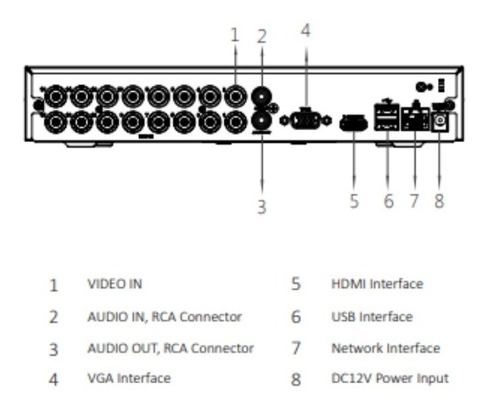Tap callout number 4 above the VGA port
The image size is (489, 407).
click(x=305, y=30)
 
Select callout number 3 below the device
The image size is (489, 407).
click(x=261, y=207)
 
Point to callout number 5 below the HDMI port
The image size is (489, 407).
click(x=354, y=200)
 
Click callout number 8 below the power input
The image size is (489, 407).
click(x=439, y=200)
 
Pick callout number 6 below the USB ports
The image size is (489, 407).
click(x=388, y=200)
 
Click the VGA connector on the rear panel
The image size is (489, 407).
click(x=306, y=121)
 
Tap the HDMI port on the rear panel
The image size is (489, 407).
click(x=353, y=123)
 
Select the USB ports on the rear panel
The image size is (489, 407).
click(x=386, y=116)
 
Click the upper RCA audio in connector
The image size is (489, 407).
click(x=263, y=96)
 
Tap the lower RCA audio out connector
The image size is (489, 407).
click(x=263, y=120)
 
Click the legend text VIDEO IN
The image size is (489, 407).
click(x=114, y=284)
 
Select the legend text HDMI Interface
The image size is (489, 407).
click(x=376, y=284)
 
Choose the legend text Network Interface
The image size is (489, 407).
click(x=385, y=348)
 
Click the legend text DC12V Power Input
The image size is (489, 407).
click(x=389, y=379)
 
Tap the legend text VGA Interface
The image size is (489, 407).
click(x=128, y=379)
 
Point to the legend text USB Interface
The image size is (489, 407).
click(x=371, y=316)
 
